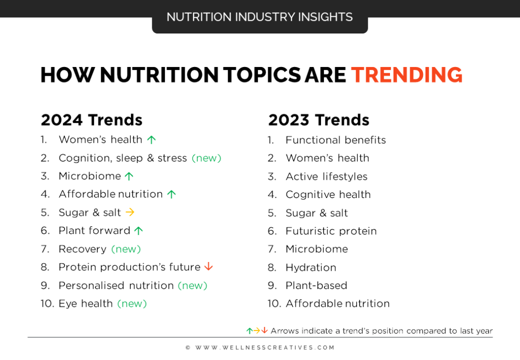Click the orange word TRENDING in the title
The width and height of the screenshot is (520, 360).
407,75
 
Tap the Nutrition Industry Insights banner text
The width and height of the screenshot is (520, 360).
259,17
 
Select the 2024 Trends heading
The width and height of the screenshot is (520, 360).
91,120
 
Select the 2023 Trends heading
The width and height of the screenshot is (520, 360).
318,120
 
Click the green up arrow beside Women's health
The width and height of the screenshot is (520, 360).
151,140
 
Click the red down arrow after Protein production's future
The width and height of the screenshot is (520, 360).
208,267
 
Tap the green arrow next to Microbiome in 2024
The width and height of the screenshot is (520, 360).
129,176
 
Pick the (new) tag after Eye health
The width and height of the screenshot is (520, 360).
132,303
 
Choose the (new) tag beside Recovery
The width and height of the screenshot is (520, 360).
126,249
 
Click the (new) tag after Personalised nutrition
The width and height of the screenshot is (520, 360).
192,285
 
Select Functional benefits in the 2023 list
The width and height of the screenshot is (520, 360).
336,140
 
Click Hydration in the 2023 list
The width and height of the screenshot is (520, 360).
311,267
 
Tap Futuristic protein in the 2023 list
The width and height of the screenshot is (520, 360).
331,231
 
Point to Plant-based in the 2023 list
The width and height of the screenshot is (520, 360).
316,285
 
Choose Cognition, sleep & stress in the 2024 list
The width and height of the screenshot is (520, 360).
123,158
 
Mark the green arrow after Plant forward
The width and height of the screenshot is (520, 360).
139,231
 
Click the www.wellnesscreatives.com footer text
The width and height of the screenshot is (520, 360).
260,348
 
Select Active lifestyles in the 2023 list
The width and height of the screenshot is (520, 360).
327,176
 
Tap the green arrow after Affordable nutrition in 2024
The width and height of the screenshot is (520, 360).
171,194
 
